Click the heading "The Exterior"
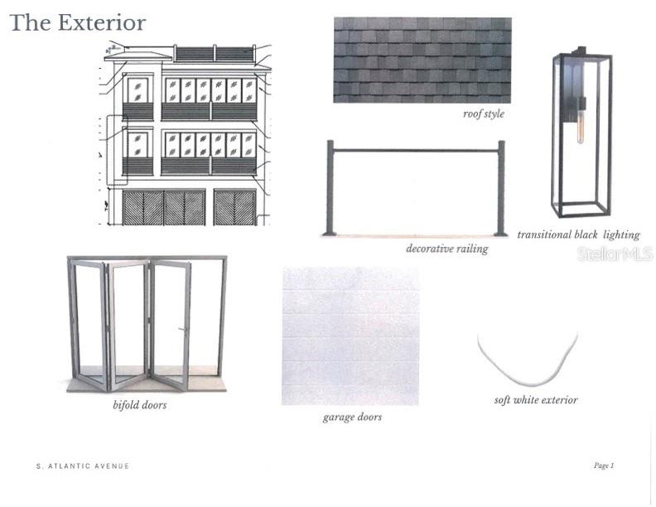[x=78, y=23]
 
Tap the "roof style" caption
[x=484, y=113]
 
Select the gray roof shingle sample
[x=422, y=60]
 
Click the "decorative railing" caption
[x=447, y=249]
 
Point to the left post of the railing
[x=330, y=188]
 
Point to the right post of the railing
[x=501, y=188]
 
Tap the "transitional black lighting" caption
[x=578, y=234]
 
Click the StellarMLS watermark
[x=615, y=254]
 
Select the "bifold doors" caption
[x=140, y=405]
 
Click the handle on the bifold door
[x=183, y=330]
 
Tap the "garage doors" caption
[x=352, y=417]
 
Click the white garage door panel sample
[x=350, y=336]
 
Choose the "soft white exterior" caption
[x=536, y=400]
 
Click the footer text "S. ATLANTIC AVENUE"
[x=83, y=466]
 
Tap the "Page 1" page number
[x=604, y=466]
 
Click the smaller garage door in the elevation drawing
[x=234, y=207]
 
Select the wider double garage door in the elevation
[x=164, y=207]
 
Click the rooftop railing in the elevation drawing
[x=215, y=54]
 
